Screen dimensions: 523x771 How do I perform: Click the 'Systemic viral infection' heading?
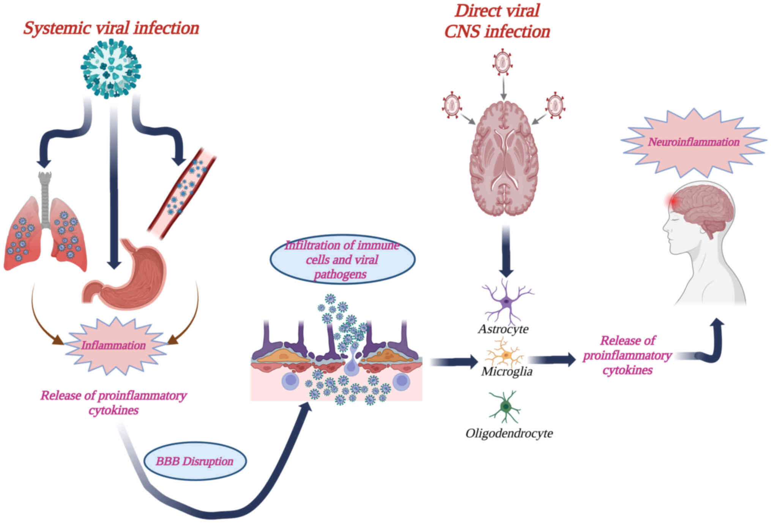(x=111, y=28)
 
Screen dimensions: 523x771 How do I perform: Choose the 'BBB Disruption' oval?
(x=195, y=461)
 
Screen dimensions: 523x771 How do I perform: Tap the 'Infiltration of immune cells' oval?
(x=342, y=260)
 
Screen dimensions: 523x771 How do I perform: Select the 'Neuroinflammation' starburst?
(x=693, y=142)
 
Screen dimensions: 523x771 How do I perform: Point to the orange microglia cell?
(x=505, y=355)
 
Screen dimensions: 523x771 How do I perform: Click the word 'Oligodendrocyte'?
(x=509, y=433)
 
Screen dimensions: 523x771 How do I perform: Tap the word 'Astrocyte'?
(x=503, y=329)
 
